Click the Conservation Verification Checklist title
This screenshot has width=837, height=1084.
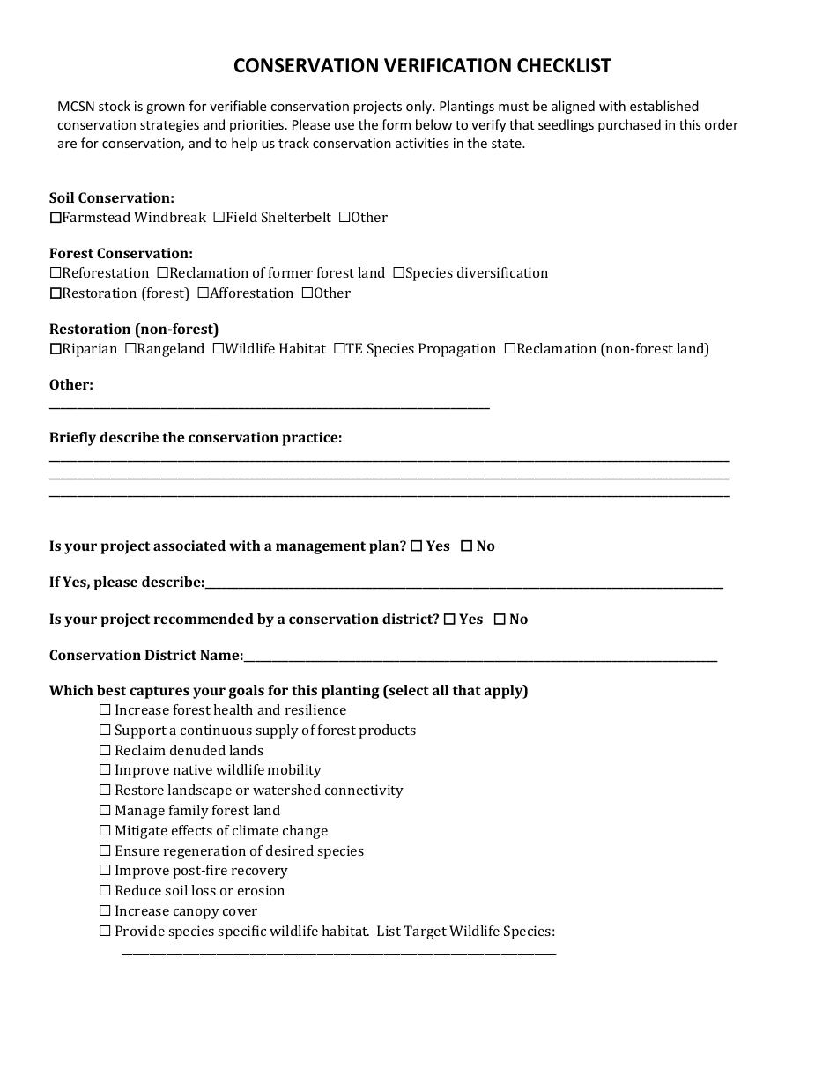[x=422, y=66]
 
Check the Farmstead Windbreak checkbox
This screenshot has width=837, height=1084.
[x=56, y=218]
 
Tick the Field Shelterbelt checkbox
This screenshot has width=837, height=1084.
[x=219, y=218]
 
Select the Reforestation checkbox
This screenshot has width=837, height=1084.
[x=56, y=273]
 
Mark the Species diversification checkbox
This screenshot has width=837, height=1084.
[x=398, y=273]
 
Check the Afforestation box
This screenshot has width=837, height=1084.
[x=204, y=293]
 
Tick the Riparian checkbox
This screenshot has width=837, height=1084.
[x=56, y=349]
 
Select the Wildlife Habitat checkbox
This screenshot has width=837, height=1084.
[x=219, y=349]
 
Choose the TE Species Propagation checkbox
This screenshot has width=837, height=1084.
[x=339, y=349]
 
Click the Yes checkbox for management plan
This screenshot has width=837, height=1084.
[x=417, y=546]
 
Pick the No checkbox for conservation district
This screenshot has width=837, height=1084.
[x=500, y=620]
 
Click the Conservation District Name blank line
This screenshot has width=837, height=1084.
[x=480, y=657]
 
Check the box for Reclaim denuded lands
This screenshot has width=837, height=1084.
[x=105, y=751]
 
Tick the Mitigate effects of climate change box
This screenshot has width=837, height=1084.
[x=105, y=831]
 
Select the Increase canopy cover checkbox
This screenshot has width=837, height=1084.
[x=105, y=911]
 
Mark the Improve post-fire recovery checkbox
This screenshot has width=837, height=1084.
[x=105, y=871]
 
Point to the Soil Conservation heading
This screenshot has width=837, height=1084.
[x=112, y=198]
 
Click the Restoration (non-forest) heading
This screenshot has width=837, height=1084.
[x=134, y=330]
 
